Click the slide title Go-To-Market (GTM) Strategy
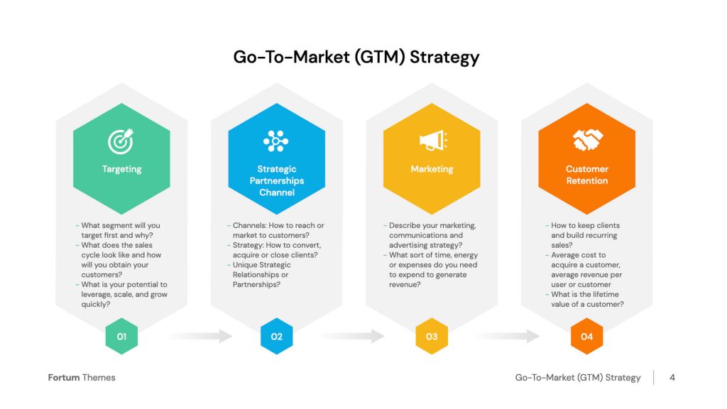[x=356, y=58]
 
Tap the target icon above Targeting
[x=121, y=141]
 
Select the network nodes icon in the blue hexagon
[x=276, y=141]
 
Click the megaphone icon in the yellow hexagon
[x=433, y=141]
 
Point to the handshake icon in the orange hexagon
[x=587, y=140]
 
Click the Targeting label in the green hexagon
[x=122, y=169]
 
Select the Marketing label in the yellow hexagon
[x=432, y=169]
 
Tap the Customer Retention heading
[x=587, y=175]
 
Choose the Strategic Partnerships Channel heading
[x=277, y=181]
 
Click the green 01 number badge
[x=121, y=336]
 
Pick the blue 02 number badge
[x=277, y=336]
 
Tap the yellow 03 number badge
[x=432, y=336]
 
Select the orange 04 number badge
[x=587, y=336]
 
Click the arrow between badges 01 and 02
[x=199, y=336]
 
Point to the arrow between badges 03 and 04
[x=508, y=336]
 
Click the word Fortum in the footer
[x=64, y=378]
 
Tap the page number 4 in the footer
[x=672, y=378]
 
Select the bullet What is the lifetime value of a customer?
[x=585, y=300]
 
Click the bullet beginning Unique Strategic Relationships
[x=260, y=275]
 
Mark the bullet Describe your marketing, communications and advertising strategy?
[x=430, y=235]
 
